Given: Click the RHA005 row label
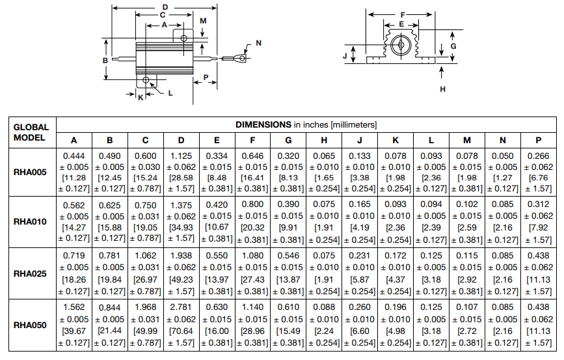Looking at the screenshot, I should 31,173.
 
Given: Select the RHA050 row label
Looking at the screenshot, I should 31,324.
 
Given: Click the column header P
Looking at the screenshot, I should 539,140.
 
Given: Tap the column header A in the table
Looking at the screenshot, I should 74,140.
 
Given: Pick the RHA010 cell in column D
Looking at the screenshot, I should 181,221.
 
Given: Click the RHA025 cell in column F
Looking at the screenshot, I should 252,273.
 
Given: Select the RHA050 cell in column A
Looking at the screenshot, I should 74,324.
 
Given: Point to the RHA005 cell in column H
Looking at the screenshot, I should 324,173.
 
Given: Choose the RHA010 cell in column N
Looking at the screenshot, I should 503,221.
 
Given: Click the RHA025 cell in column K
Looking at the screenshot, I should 396,273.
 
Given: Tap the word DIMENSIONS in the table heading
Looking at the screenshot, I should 263,124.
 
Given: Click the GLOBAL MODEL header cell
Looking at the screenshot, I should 31,132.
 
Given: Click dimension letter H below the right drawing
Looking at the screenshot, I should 442,89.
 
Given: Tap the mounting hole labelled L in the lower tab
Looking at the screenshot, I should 146,81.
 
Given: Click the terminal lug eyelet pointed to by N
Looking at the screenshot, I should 241,59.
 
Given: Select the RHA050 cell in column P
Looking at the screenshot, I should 539,324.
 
